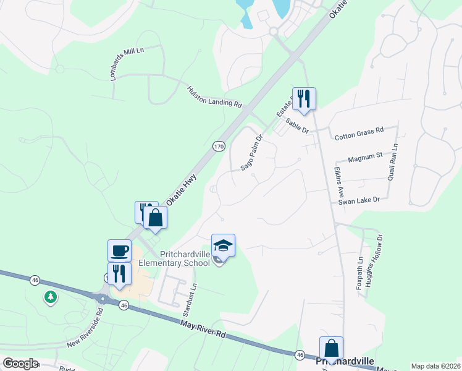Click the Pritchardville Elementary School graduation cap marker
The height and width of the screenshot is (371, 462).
(x=223, y=245)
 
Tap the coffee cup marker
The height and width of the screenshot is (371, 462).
(x=119, y=250)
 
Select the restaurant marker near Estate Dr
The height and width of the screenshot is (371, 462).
(x=304, y=99)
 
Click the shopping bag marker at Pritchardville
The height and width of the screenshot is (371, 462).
(x=331, y=348)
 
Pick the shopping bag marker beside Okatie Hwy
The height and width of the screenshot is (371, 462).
(x=155, y=218)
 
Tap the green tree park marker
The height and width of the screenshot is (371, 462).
(x=50, y=298)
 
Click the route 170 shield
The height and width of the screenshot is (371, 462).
(x=218, y=147)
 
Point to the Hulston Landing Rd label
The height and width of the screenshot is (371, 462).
(x=214, y=98)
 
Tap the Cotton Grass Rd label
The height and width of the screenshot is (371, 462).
(x=359, y=130)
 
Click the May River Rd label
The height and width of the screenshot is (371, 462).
(x=204, y=326)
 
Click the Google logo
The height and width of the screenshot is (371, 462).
(x=20, y=363)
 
